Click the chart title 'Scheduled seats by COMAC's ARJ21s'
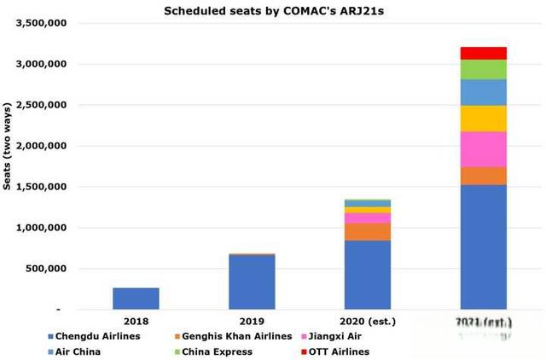[273, 10]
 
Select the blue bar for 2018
[136, 298]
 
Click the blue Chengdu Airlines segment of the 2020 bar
[367, 274]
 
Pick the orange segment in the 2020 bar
[367, 231]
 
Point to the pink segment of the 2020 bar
[367, 218]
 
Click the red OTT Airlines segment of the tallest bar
[483, 53]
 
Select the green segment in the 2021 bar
[483, 69]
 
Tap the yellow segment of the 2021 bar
[483, 119]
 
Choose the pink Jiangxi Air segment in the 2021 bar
[483, 149]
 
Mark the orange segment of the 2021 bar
[483, 176]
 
